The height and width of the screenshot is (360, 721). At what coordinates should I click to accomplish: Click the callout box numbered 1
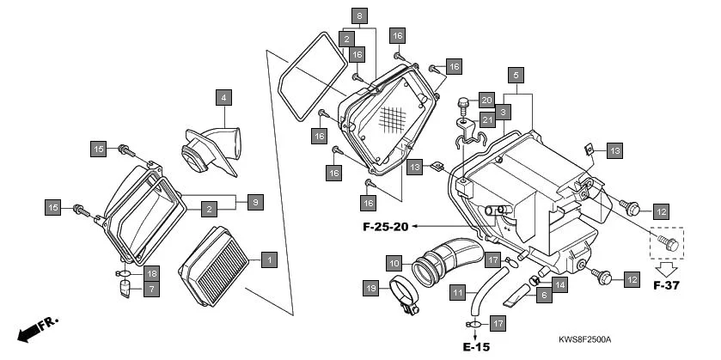(x=268, y=259)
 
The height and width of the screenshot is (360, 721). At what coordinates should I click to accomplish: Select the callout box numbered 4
(x=223, y=97)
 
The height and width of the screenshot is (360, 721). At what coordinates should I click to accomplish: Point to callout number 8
(x=359, y=16)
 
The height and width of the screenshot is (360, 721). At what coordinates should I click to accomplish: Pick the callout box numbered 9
(x=255, y=202)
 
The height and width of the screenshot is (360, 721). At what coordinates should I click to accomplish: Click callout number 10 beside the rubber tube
(x=394, y=262)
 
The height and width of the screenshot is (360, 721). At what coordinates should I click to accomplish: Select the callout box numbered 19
(x=370, y=288)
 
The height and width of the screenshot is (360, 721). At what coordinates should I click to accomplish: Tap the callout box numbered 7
(x=151, y=290)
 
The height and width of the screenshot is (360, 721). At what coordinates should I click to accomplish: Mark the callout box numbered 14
(x=559, y=284)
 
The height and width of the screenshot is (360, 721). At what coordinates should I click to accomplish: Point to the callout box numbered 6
(x=542, y=296)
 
